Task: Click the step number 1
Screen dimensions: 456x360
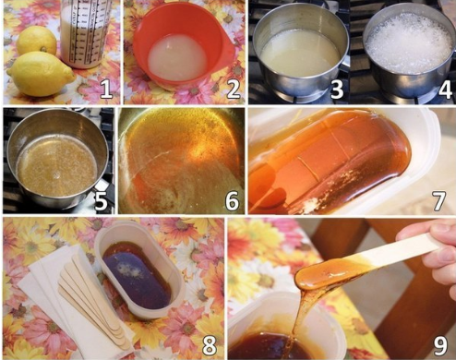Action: click(106, 88)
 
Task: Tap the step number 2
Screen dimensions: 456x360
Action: click(233, 88)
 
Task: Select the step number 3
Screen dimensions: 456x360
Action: click(336, 89)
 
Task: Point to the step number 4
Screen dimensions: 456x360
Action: click(445, 89)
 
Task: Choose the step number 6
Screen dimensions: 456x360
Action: click(232, 200)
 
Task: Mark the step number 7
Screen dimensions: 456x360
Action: click(439, 200)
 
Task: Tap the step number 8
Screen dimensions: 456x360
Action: click(210, 345)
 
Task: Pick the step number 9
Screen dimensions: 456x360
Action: click(440, 345)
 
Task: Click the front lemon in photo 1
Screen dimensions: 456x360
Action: click(40, 74)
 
